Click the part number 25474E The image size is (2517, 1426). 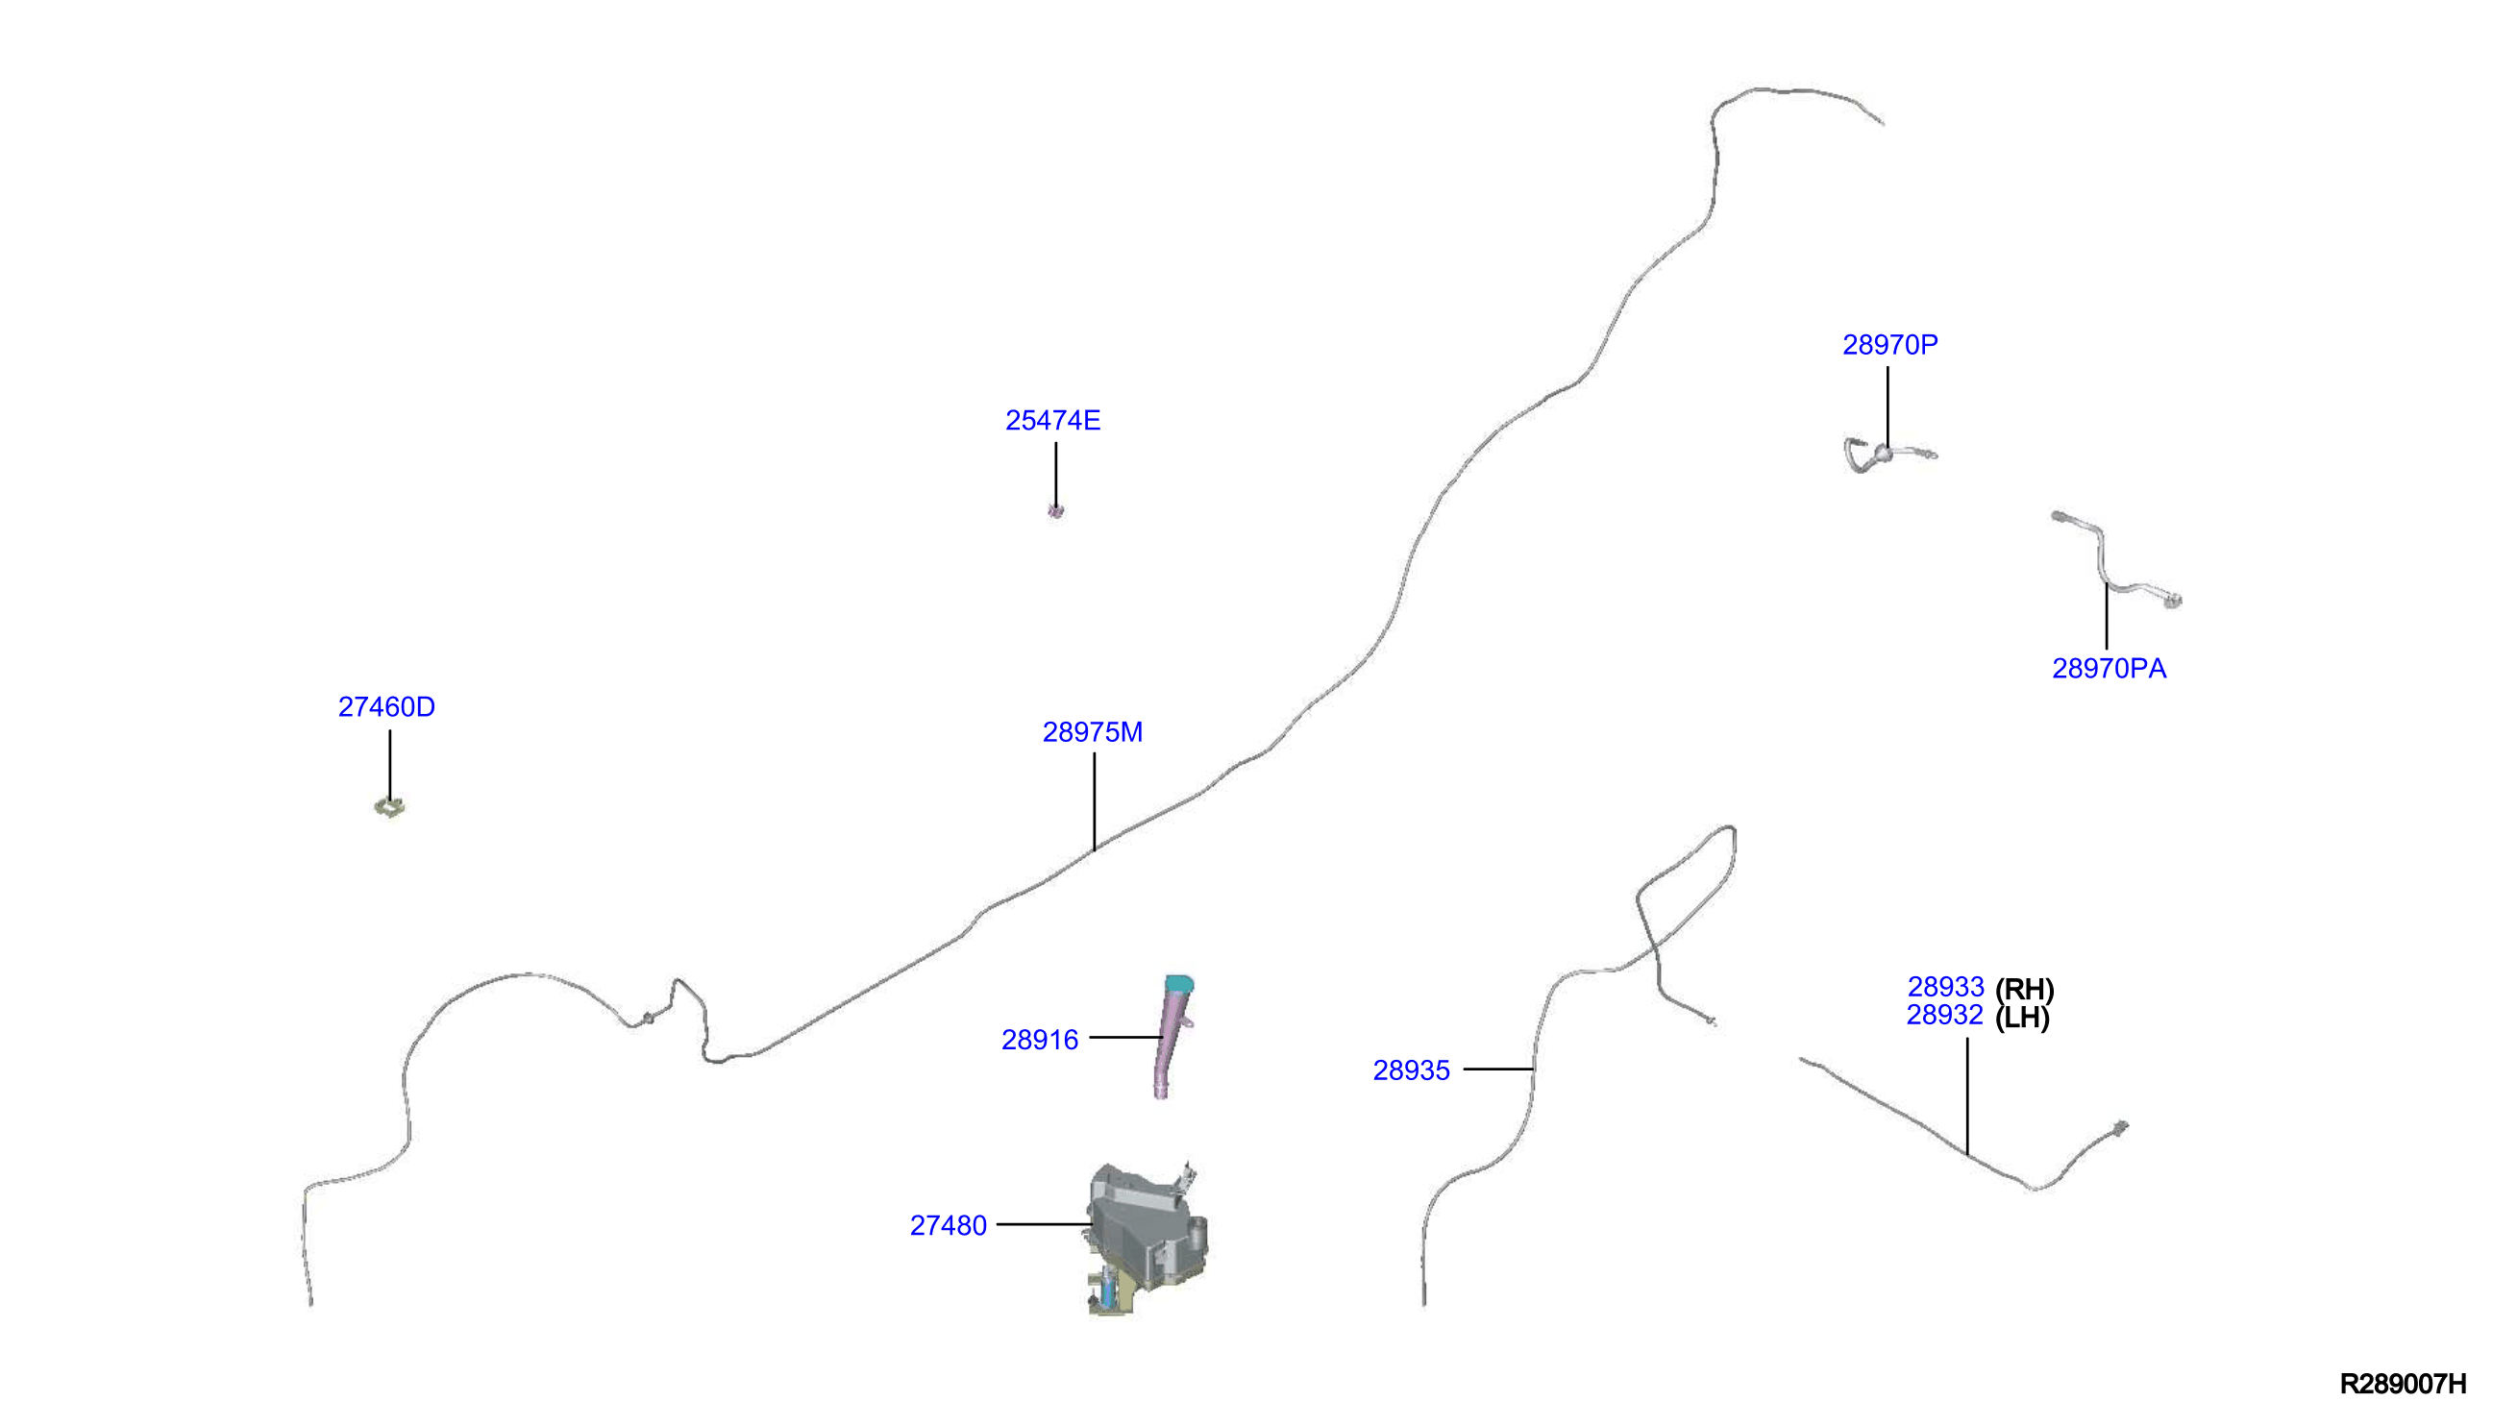[x=1052, y=420]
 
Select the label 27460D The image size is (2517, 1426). [x=387, y=707]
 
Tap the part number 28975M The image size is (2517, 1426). [x=1092, y=732]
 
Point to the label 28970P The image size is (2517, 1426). [x=1890, y=345]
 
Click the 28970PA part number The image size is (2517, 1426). [x=2110, y=669]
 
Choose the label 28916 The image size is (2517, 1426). [x=1040, y=1040]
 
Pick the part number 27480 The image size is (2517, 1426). [x=948, y=1225]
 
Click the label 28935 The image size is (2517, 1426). [x=1411, y=1070]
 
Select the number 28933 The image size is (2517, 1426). [x=1946, y=987]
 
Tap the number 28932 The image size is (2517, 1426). [x=1945, y=1016]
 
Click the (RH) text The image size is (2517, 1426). [x=2024, y=989]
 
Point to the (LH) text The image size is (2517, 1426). [x=2022, y=1018]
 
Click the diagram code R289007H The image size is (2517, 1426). [x=2404, y=1384]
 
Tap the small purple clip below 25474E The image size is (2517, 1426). [x=1056, y=510]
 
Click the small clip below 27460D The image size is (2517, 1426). [x=390, y=807]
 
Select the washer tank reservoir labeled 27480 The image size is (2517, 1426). [x=1146, y=1236]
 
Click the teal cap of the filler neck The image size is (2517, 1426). [x=1179, y=983]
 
